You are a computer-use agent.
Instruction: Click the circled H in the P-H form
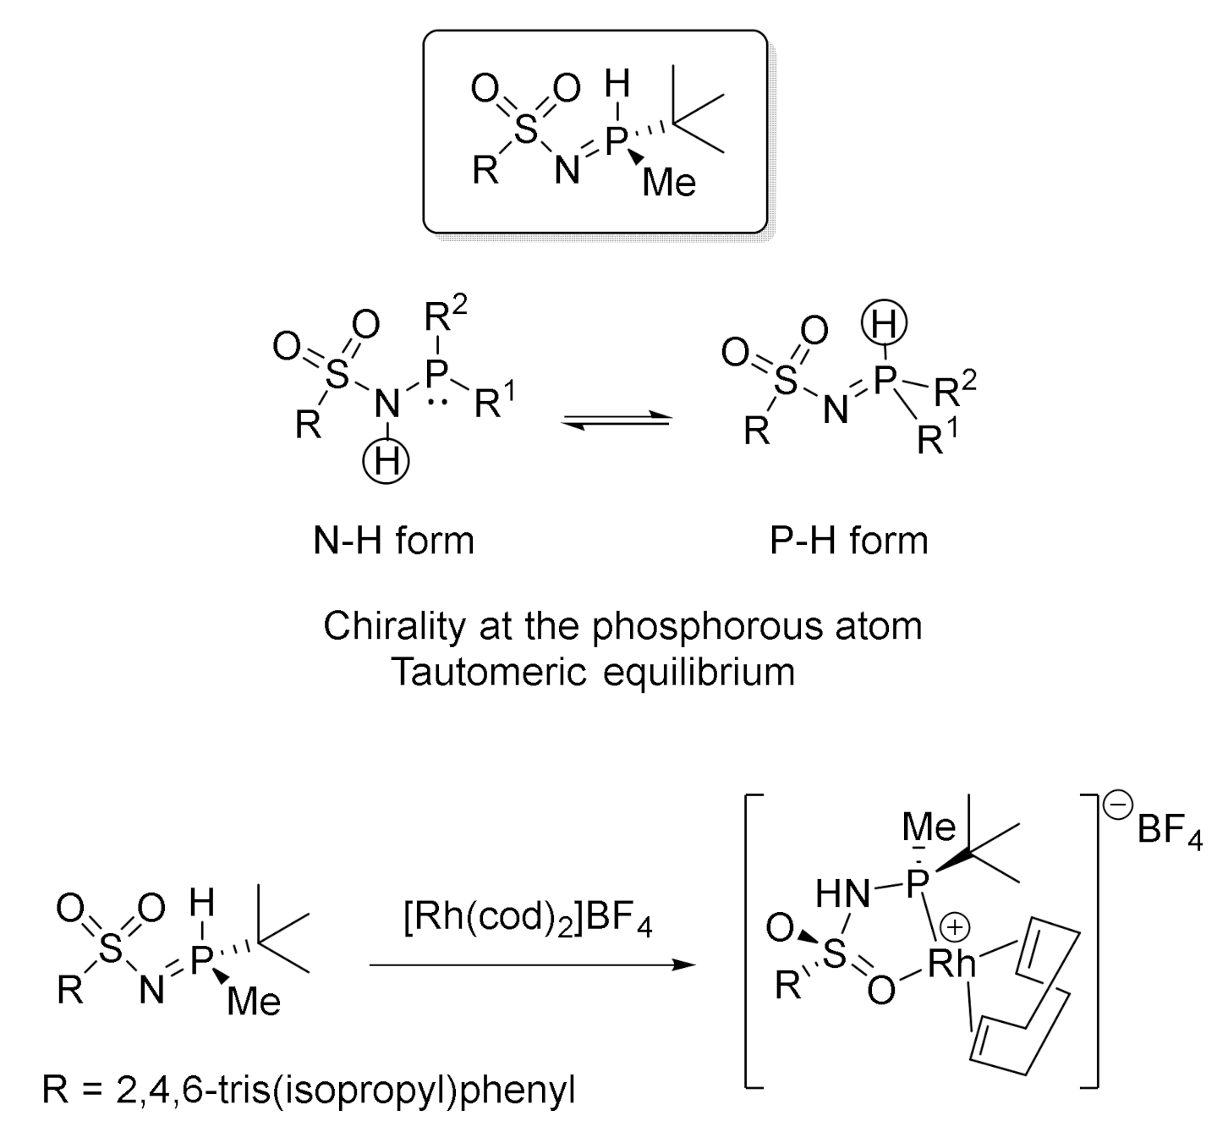point(884,323)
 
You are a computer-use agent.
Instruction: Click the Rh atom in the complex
point(951,964)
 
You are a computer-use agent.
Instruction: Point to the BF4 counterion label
point(1169,830)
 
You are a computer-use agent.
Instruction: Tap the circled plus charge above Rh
point(956,928)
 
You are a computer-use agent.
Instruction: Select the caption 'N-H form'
point(393,541)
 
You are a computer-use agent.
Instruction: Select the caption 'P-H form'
point(848,541)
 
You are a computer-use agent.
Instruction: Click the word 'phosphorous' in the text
point(706,626)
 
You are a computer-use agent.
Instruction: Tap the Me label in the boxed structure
point(669,182)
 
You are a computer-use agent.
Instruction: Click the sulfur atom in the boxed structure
point(527,131)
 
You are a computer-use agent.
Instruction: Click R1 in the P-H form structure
point(939,439)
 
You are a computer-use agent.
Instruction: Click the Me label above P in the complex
point(929,827)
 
